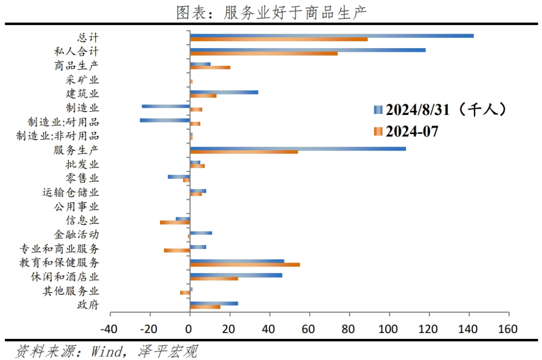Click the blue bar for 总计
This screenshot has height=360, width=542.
(331, 36)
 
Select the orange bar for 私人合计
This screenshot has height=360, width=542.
(263, 53)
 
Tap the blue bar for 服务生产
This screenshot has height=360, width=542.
(298, 148)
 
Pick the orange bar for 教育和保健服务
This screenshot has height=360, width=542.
(245, 264)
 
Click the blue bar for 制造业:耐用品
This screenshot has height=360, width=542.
(165, 120)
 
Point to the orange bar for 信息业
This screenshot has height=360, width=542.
(175, 222)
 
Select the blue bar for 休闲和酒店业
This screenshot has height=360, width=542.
(236, 275)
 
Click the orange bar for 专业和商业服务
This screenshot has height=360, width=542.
(177, 250)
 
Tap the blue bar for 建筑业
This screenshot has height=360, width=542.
(224, 92)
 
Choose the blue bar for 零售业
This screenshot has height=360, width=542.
(179, 177)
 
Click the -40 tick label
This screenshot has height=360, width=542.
(110, 329)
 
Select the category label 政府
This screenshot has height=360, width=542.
(88, 305)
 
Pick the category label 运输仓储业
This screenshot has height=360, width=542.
(71, 192)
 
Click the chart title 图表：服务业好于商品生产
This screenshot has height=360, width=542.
(271, 12)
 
